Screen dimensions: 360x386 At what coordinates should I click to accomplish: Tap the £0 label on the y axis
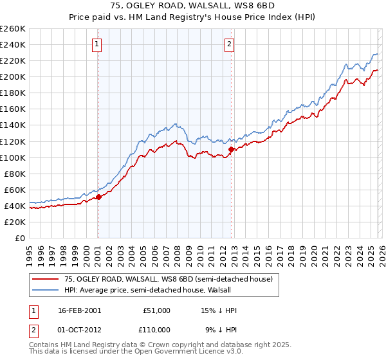click(x=19, y=238)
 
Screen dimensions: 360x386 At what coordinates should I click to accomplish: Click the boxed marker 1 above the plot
click(x=96, y=44)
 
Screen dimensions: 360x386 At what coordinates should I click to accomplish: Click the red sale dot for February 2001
click(x=98, y=197)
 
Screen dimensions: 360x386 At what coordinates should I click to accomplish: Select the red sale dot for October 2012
click(x=231, y=149)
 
